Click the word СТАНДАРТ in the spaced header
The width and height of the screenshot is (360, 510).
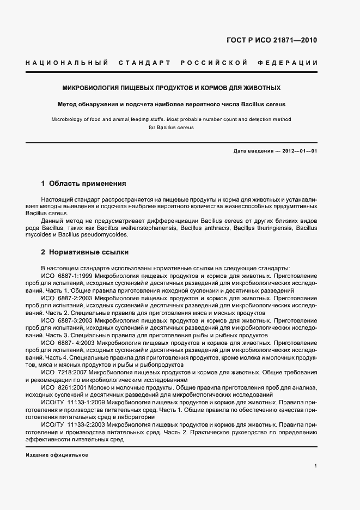click(x=144, y=63)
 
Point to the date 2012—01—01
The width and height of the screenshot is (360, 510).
click(x=300, y=150)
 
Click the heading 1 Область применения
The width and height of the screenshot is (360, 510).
click(x=83, y=184)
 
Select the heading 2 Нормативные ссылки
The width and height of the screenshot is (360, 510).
click(x=84, y=253)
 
